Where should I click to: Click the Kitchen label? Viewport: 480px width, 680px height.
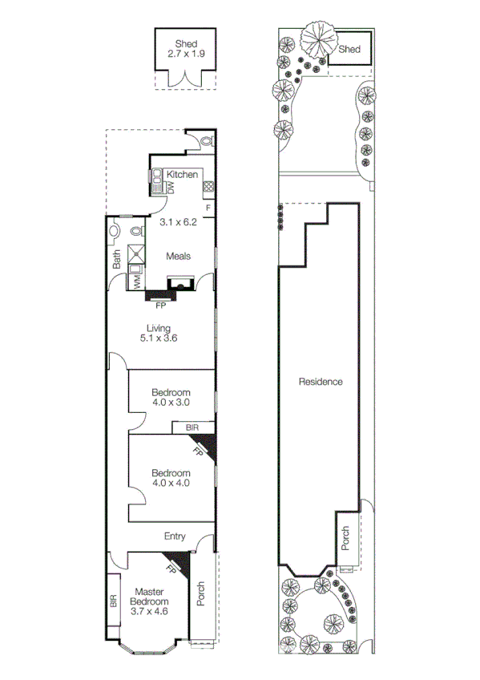point(182,175)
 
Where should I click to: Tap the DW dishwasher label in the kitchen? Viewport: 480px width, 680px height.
point(171,186)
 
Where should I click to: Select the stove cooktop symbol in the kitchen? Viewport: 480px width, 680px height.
point(208,188)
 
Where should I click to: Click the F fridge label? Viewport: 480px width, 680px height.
point(208,208)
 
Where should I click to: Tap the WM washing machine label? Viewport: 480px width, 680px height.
point(137,281)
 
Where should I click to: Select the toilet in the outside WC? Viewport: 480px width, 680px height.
point(207,141)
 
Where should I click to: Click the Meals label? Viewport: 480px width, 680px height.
point(178,257)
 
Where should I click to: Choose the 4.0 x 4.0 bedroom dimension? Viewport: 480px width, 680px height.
point(171,484)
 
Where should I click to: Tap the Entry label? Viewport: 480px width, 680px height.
point(175,536)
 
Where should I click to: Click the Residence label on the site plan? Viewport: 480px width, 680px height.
point(321,382)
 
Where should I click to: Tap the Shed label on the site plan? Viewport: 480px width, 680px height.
point(349,50)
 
